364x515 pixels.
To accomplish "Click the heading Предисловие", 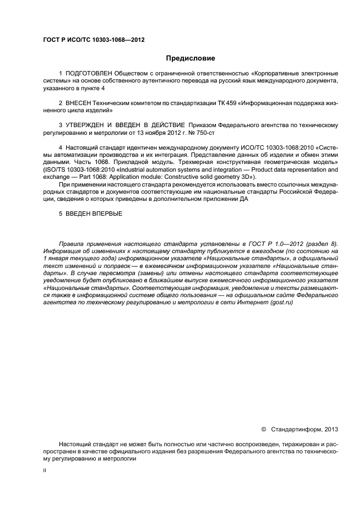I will (x=191, y=58).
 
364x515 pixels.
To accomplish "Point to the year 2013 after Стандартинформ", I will (x=331, y=429).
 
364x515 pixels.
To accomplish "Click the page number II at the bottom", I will (x=45, y=472).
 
